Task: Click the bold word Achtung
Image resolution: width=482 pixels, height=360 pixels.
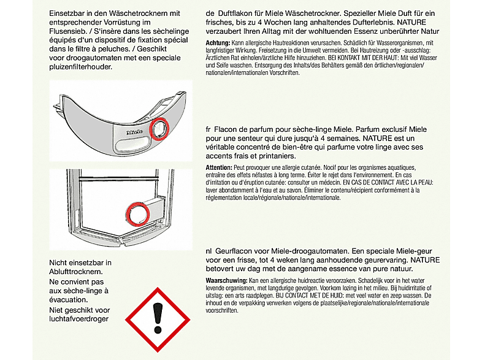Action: pos(218,43)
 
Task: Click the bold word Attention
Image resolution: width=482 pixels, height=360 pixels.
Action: pos(219,168)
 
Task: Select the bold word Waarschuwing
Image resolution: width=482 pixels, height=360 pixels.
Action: pos(226,281)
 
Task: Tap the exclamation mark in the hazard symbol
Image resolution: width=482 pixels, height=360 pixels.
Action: pos(158,318)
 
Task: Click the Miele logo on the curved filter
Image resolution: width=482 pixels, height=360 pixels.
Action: pos(135,132)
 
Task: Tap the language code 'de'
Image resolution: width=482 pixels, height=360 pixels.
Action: pos(210,13)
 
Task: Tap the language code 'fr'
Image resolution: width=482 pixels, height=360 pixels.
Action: pos(208,129)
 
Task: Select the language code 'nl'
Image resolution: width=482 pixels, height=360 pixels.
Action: pos(208,251)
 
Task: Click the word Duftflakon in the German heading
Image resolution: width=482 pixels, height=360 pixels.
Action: pos(234,13)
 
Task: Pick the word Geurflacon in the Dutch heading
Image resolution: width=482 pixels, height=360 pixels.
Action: pos(232,251)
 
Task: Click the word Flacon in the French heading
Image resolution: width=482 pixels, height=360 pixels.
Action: pos(225,129)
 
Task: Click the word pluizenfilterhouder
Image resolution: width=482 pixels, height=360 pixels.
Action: pos(80,67)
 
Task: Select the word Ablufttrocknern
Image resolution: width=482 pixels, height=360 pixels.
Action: pos(76,272)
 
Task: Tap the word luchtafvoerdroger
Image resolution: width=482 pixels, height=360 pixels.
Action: pos(78,319)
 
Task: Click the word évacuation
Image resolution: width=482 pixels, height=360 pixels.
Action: pos(69,300)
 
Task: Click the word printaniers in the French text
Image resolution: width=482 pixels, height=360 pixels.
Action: pos(277,156)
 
